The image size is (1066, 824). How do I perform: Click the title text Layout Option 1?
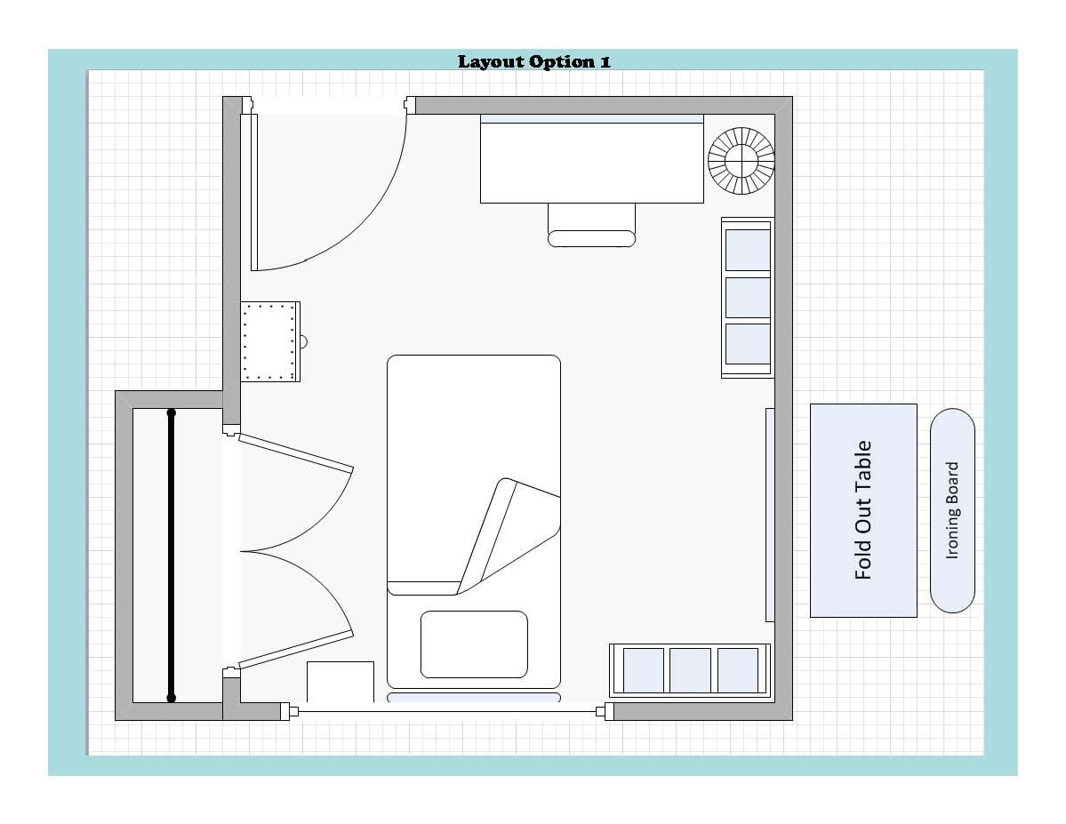click(x=533, y=62)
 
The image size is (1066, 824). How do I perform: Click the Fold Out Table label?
click(x=863, y=510)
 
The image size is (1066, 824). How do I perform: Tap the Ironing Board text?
click(x=952, y=510)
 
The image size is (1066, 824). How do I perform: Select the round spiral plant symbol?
click(x=741, y=161)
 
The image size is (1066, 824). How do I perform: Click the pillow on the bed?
click(x=474, y=644)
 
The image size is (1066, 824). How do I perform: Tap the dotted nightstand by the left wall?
click(x=270, y=341)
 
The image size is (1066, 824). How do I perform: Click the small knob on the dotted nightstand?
click(x=304, y=341)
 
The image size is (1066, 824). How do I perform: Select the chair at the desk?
click(x=591, y=225)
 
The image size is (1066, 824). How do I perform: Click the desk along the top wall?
click(x=591, y=159)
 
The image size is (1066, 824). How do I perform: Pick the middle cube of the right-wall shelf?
click(x=748, y=297)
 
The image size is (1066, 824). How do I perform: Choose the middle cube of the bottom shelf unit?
click(x=690, y=670)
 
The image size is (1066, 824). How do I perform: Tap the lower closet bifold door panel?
click(x=296, y=650)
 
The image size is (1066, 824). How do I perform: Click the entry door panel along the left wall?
click(x=254, y=192)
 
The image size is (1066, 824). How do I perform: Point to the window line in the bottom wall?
click(x=447, y=712)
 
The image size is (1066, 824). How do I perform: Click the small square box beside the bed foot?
click(x=341, y=682)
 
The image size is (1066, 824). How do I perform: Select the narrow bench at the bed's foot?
click(x=474, y=698)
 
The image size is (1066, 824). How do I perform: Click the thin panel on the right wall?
click(x=770, y=515)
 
